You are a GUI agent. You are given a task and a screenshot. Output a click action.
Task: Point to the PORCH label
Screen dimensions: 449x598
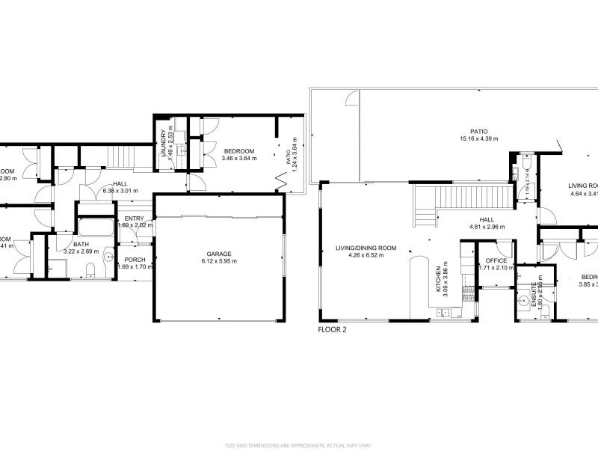[135, 260]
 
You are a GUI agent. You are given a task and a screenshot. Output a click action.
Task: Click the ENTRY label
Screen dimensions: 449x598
[135, 218]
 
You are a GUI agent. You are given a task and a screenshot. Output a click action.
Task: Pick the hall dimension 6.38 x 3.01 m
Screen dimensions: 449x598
[120, 191]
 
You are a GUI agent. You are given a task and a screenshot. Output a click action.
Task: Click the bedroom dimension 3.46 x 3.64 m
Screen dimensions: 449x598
[239, 158]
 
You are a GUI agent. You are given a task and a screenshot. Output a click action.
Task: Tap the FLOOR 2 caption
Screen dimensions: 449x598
[332, 329]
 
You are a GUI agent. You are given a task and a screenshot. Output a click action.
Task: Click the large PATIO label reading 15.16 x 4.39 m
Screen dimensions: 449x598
[478, 138]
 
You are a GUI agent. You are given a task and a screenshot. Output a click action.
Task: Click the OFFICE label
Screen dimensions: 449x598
[496, 260]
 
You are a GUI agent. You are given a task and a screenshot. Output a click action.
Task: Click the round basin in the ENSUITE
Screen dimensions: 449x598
[522, 301]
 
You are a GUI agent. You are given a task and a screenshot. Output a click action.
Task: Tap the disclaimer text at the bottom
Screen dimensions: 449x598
[299, 444]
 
